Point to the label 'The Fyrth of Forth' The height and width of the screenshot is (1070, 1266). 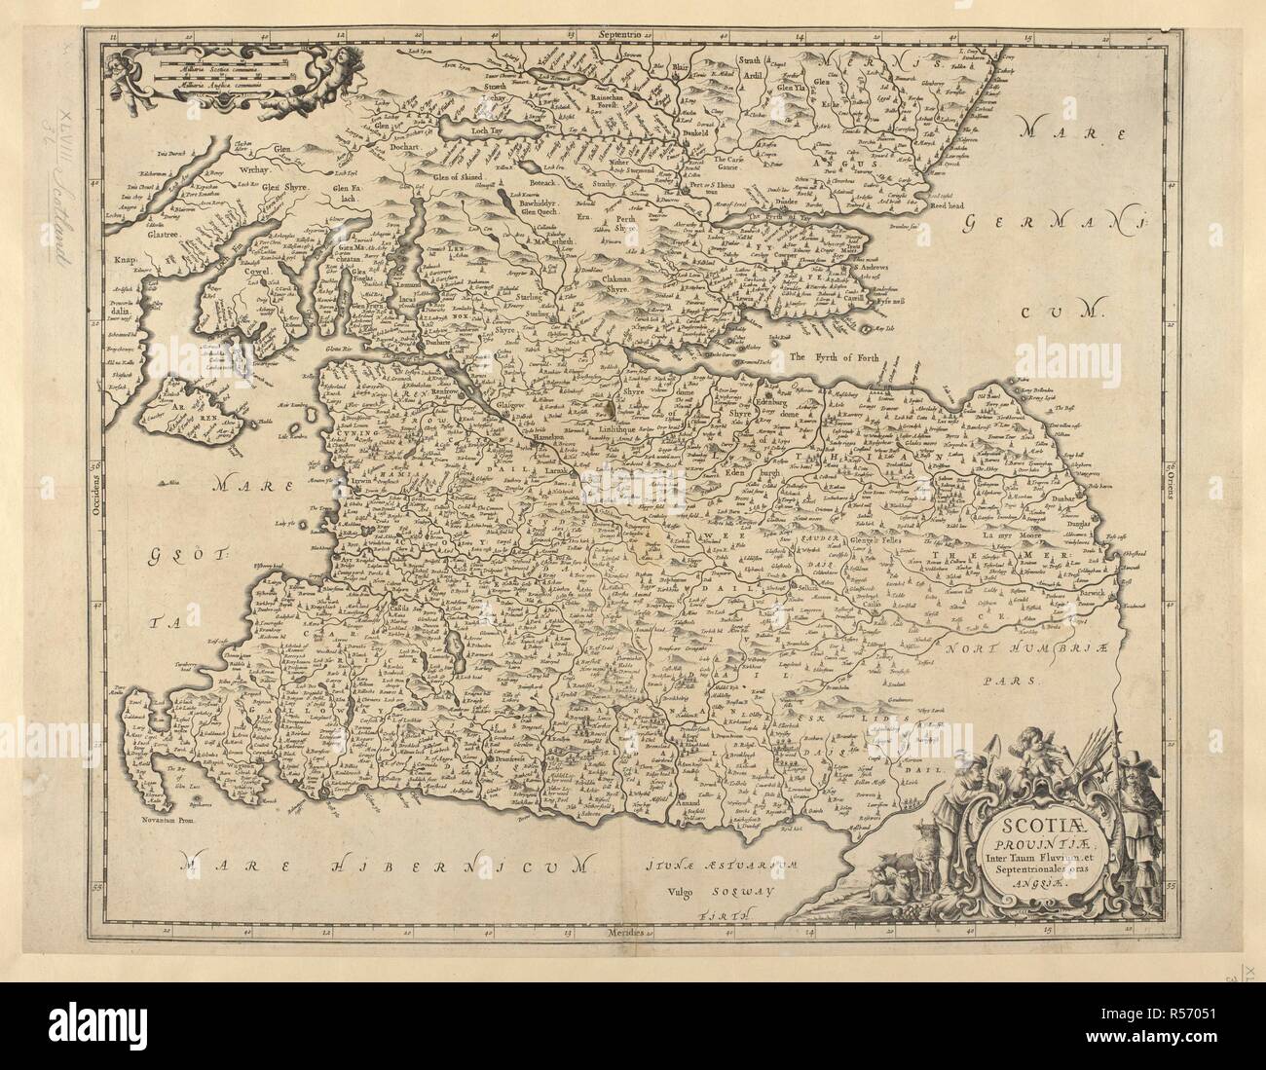pyautogui.click(x=834, y=357)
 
